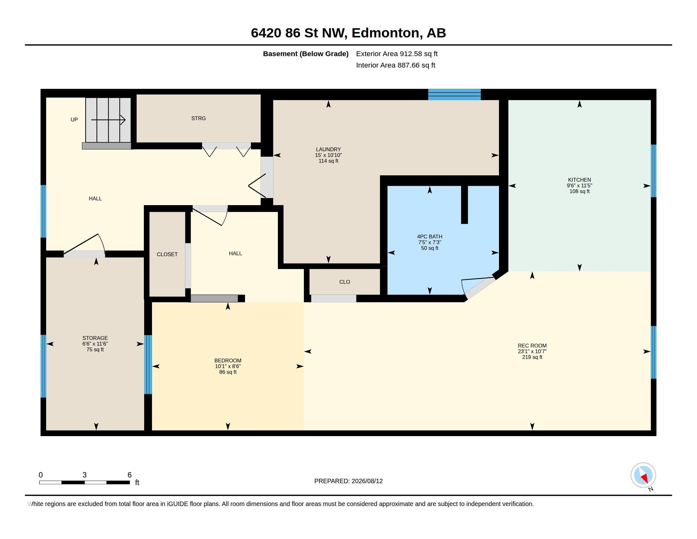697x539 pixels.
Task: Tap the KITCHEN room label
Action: (579, 180)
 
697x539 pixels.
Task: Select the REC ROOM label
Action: (532, 346)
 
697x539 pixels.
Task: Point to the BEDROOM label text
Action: (228, 360)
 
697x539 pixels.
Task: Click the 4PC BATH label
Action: (430, 237)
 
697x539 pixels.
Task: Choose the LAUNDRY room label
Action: (329, 149)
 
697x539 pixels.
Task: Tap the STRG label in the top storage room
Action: (199, 119)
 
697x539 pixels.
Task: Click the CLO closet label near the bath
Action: (345, 282)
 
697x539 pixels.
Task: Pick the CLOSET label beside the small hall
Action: (167, 255)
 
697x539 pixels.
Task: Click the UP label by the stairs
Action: (74, 120)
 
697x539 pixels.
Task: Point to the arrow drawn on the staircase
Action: (108, 120)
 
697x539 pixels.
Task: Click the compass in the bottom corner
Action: (643, 475)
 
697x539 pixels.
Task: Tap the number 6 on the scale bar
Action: (130, 475)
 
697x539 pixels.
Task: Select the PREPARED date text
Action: (348, 481)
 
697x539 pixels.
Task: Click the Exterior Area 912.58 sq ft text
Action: (397, 54)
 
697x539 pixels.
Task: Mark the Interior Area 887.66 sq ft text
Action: (396, 65)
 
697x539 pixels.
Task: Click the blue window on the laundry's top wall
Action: (454, 94)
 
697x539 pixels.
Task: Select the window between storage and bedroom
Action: (148, 364)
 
